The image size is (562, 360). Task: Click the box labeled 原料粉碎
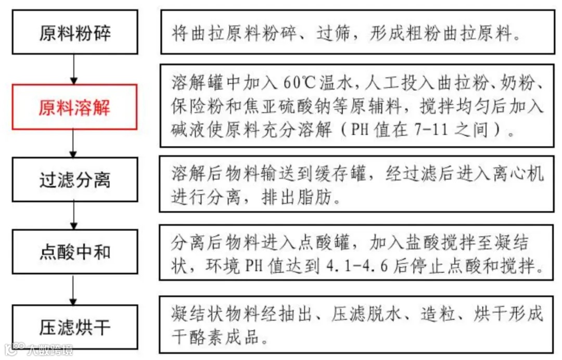pyautogui.click(x=75, y=32)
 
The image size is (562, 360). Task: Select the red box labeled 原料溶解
pyautogui.click(x=75, y=107)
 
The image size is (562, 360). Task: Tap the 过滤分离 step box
pyautogui.click(x=75, y=180)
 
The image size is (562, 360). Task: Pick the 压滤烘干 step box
pyautogui.click(x=75, y=327)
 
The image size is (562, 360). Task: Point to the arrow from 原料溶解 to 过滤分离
pyautogui.click(x=74, y=143)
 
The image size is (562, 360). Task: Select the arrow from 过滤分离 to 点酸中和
pyautogui.click(x=74, y=216)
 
